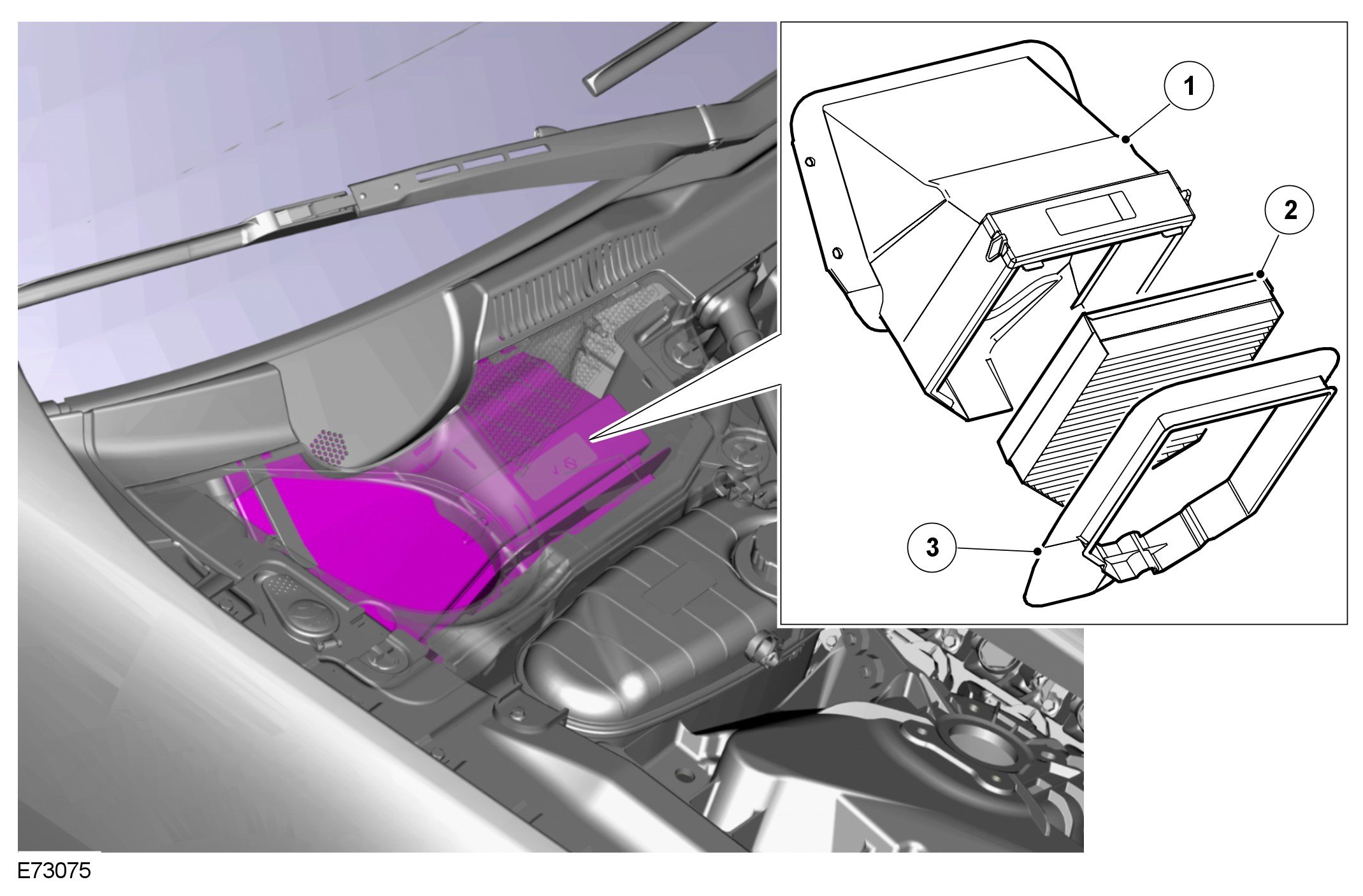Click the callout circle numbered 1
pyautogui.click(x=1189, y=86)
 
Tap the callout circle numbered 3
pyautogui.click(x=932, y=547)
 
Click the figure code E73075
pyautogui.click(x=54, y=871)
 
